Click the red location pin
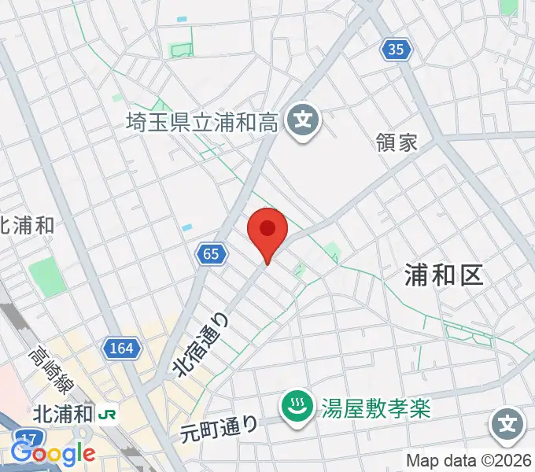click(x=267, y=230)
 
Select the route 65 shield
click(x=210, y=253)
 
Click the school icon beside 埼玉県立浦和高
click(x=302, y=122)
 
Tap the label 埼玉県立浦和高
click(x=202, y=122)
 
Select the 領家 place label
click(x=397, y=142)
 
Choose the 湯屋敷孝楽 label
click(x=377, y=407)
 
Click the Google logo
click(x=53, y=454)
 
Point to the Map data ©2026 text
click(x=469, y=460)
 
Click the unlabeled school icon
click(x=508, y=426)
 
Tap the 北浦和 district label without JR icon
click(x=26, y=224)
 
